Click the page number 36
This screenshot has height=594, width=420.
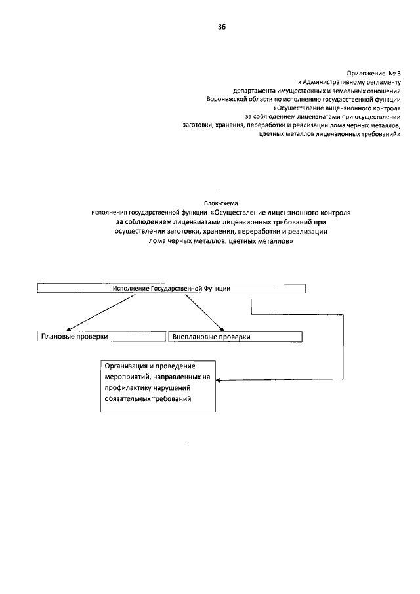[222, 26]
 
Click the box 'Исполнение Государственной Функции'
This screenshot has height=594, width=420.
[171, 289]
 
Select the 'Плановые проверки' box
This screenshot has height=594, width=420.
[100, 337]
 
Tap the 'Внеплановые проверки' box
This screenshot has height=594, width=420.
[236, 337]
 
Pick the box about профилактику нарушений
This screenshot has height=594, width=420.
[157, 385]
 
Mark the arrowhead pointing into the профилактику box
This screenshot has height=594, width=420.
[219, 380]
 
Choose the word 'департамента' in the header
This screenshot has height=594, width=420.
[253, 89]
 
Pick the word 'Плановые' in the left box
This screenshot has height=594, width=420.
[56, 337]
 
